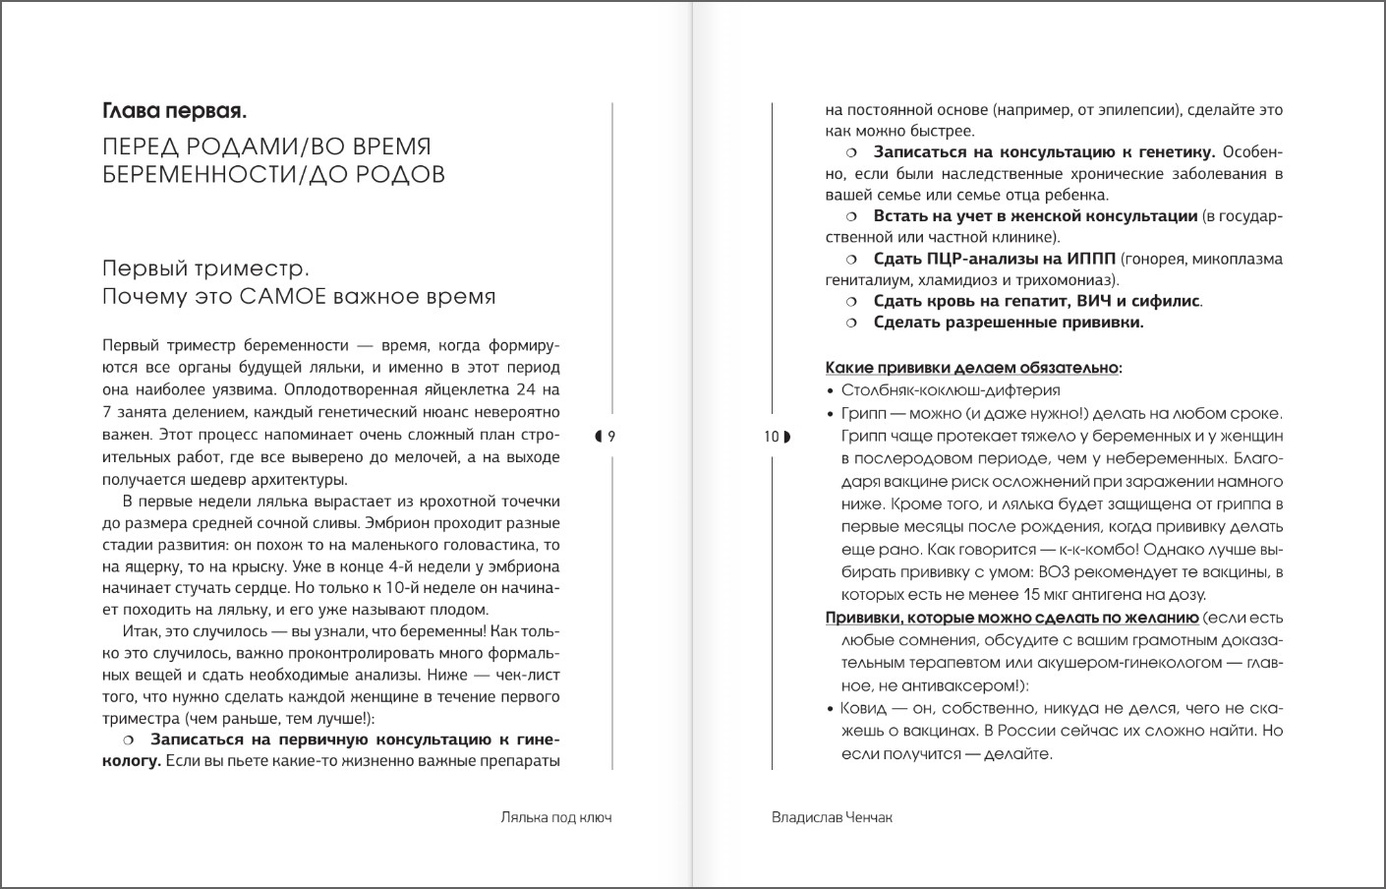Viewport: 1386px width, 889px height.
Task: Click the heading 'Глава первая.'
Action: pos(175,112)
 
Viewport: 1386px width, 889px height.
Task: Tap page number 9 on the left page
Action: pos(611,437)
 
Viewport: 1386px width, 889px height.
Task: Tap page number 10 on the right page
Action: pos(772,437)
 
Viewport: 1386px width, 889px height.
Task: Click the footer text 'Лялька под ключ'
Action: pos(555,817)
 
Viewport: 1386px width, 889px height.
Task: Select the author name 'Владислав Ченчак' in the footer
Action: pos(832,817)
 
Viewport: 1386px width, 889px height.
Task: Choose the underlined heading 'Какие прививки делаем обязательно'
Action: pos(971,368)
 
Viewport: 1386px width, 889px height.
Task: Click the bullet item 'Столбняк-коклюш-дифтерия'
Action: pos(950,390)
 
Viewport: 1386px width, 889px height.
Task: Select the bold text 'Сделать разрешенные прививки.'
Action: pos(1009,323)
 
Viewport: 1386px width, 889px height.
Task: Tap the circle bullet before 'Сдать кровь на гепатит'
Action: pos(852,302)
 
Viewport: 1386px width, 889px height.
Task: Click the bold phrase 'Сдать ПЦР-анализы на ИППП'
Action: pos(994,259)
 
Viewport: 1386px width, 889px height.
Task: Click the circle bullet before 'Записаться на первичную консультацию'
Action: pos(128,740)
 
